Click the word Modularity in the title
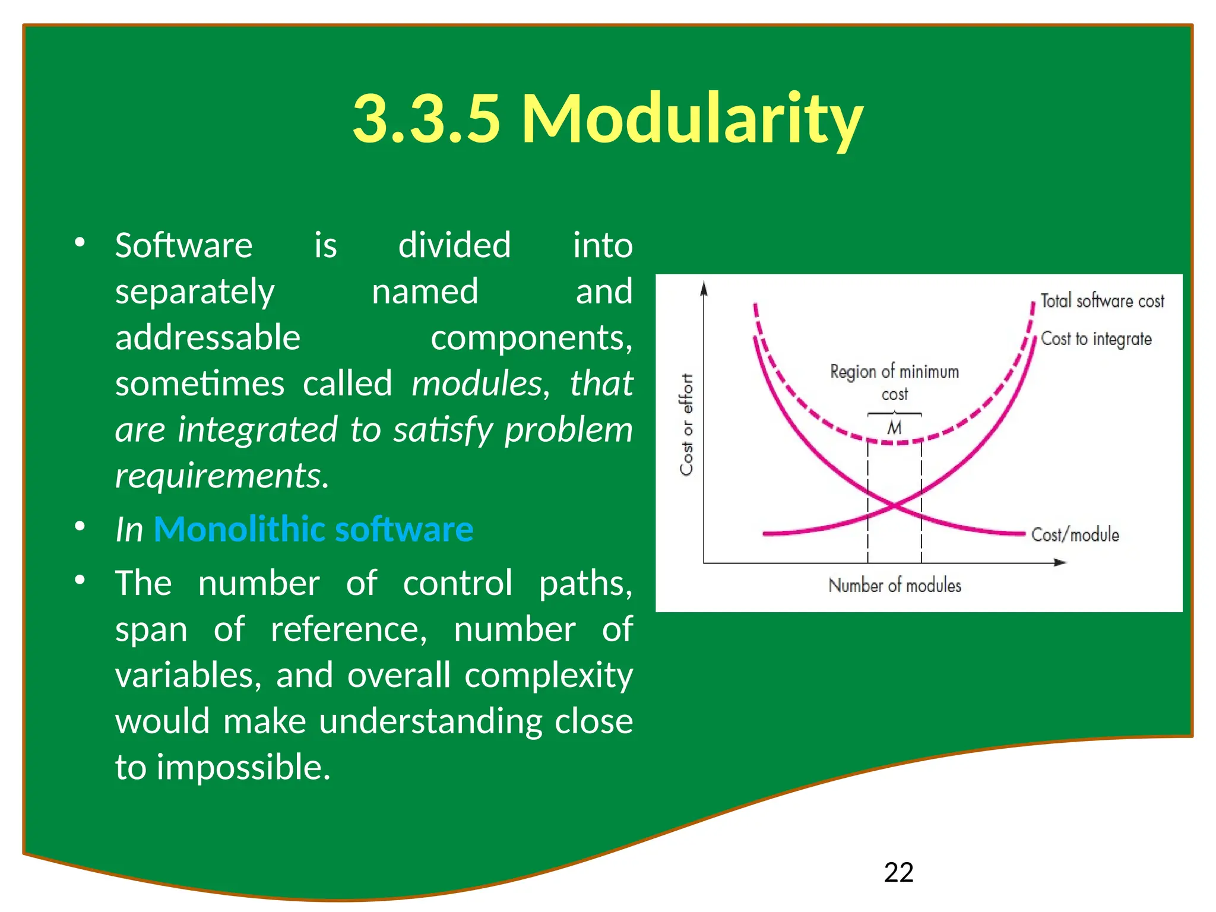[x=692, y=119]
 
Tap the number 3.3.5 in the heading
[x=426, y=119]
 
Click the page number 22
[x=898, y=872]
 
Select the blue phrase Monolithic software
[x=313, y=528]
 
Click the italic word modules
[x=476, y=384]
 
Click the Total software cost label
[x=1102, y=301]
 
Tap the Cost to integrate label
[x=1096, y=338]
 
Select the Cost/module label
[x=1075, y=534]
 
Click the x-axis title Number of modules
[x=895, y=585]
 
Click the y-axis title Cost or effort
[x=686, y=425]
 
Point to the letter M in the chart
[x=894, y=427]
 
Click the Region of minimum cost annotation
[x=894, y=382]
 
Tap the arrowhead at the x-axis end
[x=1060, y=562]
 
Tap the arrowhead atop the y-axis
[x=704, y=289]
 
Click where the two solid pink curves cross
[x=894, y=505]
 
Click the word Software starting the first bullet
[x=183, y=245]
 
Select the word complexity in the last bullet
[x=549, y=675]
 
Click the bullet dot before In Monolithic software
[x=80, y=527]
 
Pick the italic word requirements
[x=221, y=476]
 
